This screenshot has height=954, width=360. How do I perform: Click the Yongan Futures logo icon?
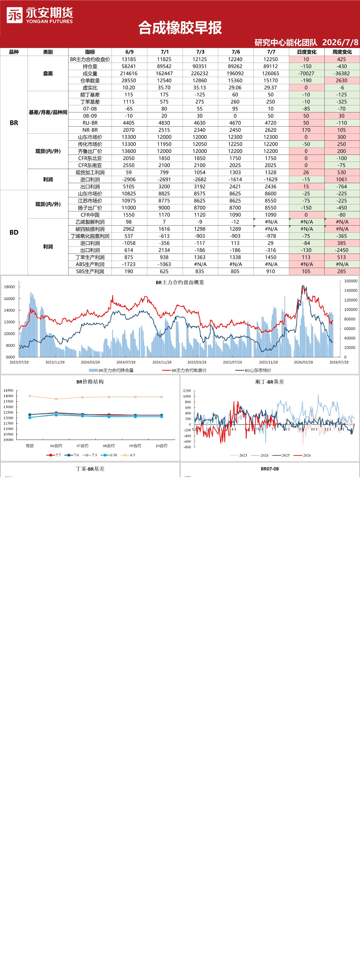[14, 15]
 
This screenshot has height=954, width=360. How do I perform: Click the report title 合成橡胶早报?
[180, 28]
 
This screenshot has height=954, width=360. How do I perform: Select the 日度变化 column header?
[306, 52]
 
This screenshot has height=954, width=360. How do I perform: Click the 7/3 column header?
[200, 52]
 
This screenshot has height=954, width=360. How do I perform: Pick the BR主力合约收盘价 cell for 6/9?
[129, 59]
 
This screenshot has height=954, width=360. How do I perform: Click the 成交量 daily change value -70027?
[306, 73]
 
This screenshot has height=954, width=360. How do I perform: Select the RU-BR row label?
[90, 123]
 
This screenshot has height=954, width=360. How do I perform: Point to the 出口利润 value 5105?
[129, 187]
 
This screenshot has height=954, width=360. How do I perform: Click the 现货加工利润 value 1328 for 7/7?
[271, 173]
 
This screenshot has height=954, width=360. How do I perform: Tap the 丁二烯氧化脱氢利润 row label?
[90, 236]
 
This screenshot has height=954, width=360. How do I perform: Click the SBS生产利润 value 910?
[271, 271]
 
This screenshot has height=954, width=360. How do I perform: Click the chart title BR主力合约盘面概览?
[180, 282]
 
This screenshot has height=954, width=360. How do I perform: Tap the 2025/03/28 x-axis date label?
[197, 362]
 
